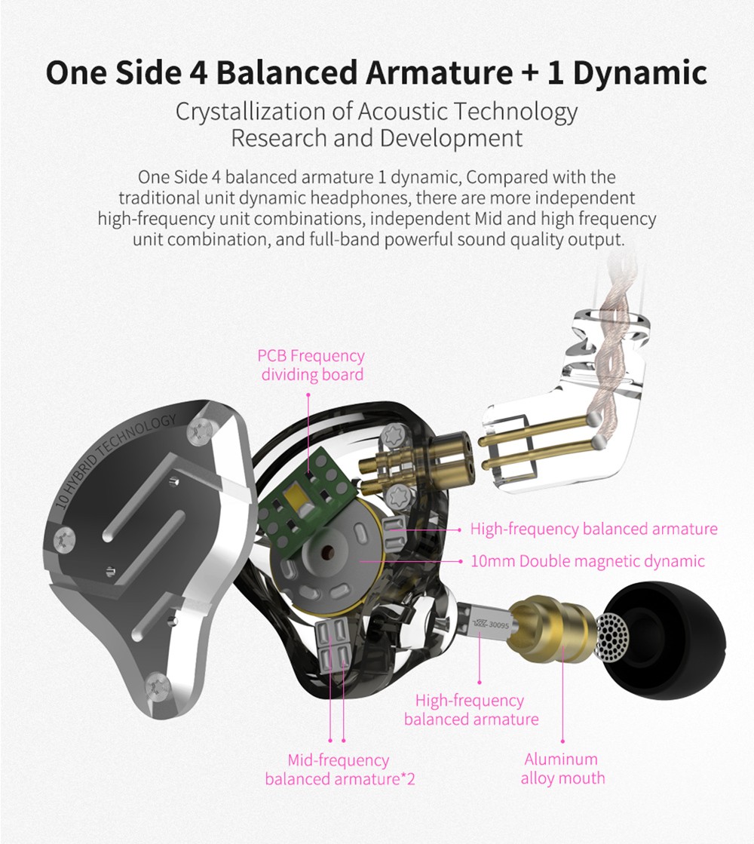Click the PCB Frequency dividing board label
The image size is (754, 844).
(311, 364)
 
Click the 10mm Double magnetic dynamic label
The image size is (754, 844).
(587, 561)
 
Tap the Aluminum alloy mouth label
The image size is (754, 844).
(562, 769)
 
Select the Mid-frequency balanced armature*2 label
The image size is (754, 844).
(339, 769)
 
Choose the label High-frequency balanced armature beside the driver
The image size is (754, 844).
(593, 529)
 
